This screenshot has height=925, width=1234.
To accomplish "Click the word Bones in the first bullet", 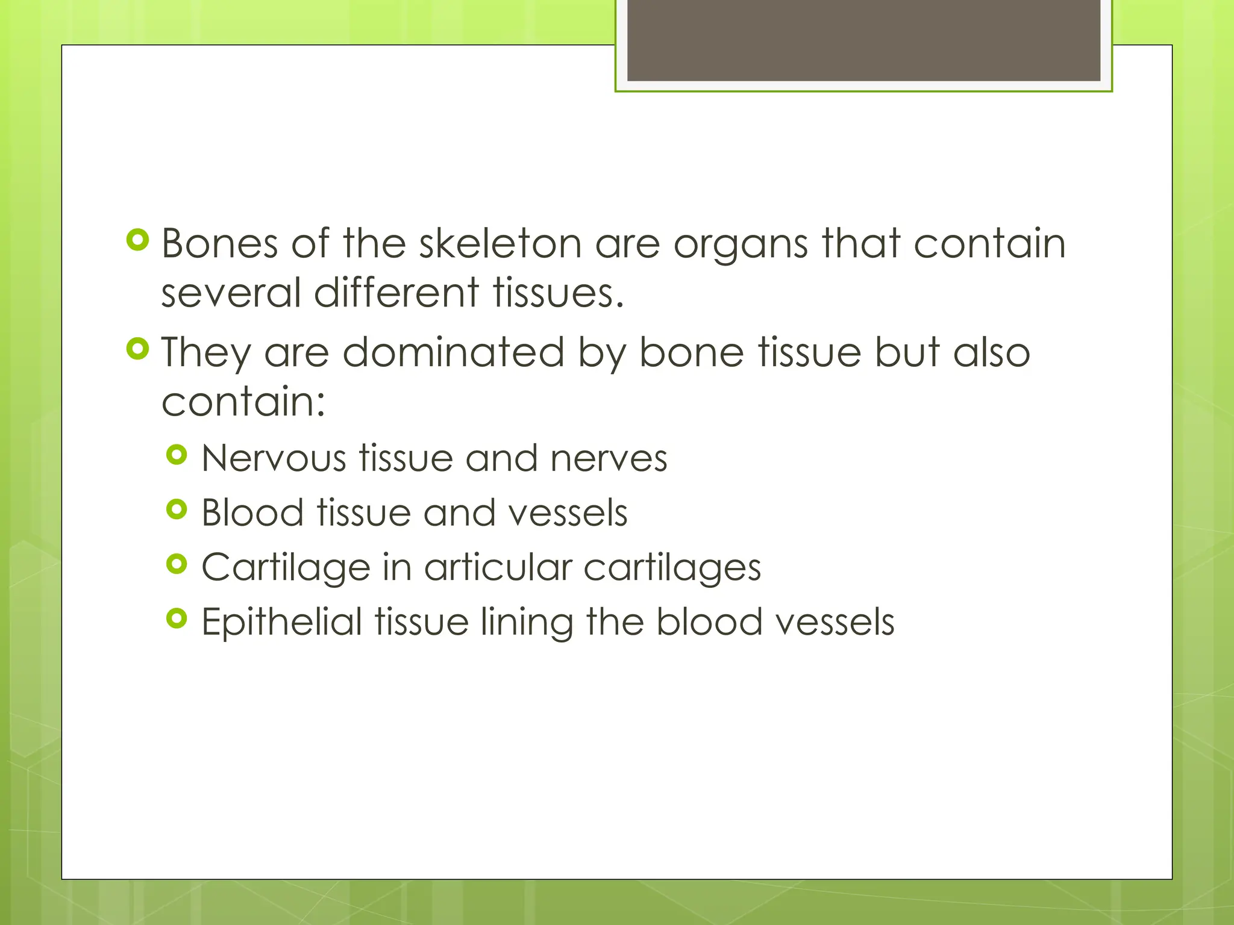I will tap(220, 244).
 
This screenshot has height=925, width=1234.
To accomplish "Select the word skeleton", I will tap(500, 244).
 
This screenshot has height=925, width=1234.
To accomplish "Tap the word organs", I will tap(741, 245).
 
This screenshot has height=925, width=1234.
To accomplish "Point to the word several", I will tap(230, 293).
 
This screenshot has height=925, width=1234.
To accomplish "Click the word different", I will tap(396, 293).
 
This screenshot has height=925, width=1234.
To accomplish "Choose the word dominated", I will tap(454, 352).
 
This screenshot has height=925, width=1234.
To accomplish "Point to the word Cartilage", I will tap(286, 568).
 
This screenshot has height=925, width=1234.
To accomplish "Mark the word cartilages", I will tap(672, 568).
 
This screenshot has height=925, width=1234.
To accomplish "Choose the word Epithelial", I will tap(281, 622).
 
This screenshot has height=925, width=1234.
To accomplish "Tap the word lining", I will tap(527, 623).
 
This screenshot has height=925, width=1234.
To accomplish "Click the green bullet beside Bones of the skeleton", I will tap(138, 240).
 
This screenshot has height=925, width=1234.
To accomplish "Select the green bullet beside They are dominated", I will tap(138, 349).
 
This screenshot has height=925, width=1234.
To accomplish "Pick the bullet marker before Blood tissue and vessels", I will tap(177, 510).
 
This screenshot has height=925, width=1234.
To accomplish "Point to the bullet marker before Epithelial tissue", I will tap(177, 618).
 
